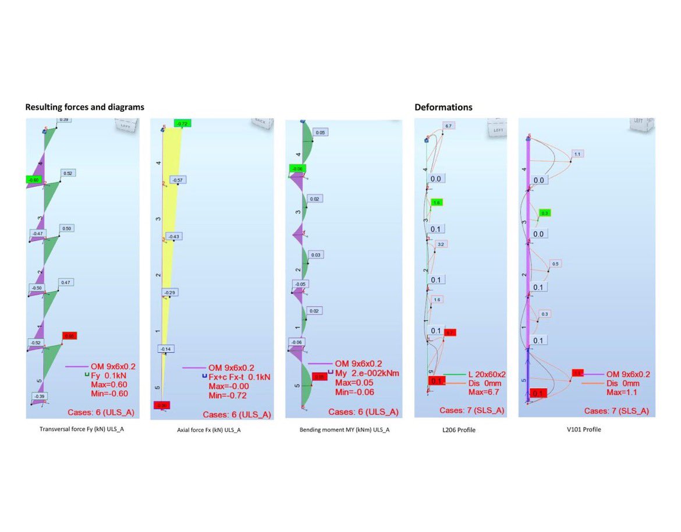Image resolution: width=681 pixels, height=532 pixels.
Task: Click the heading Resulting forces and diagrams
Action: (84, 108)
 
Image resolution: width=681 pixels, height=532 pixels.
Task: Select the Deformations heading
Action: (443, 108)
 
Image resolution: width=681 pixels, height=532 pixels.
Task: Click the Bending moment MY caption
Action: (345, 430)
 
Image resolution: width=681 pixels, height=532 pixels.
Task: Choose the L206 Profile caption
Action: (459, 430)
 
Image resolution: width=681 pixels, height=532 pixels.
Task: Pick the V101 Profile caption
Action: (587, 430)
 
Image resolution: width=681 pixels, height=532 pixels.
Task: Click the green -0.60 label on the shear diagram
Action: (34, 180)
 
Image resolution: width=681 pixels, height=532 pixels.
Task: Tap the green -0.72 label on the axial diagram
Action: (182, 124)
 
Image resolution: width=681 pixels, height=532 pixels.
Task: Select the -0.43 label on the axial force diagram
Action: (173, 236)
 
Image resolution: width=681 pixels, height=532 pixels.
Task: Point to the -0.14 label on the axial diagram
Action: (165, 349)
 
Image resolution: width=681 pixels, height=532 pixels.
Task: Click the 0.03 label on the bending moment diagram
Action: (316, 255)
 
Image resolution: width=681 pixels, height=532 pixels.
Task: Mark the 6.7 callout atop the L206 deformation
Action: (448, 126)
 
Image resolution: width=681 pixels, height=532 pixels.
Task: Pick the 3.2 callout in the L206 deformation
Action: (441, 244)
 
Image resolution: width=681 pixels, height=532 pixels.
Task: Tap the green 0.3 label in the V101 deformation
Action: (545, 213)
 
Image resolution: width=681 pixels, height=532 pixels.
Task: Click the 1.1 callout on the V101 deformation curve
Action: (577, 154)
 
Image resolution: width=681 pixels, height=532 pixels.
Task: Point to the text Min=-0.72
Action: (228, 396)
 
